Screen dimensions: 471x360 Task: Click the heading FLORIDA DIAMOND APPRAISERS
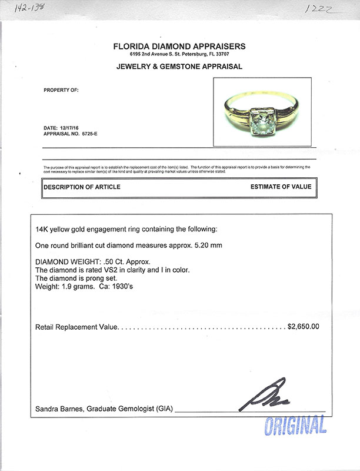[179, 47]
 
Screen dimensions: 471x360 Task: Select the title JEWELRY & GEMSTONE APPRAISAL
[179, 67]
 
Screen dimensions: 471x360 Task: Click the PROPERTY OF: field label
[61, 90]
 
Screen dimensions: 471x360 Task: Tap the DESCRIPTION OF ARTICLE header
[82, 187]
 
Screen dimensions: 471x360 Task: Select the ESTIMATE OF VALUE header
[280, 187]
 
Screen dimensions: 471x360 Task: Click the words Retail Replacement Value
[77, 326]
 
